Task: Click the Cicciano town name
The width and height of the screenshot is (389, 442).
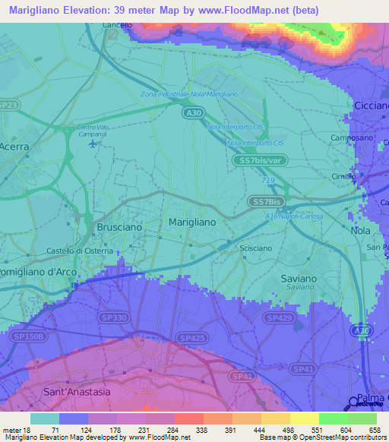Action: tap(371, 106)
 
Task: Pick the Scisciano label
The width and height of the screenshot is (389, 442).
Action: tap(255, 248)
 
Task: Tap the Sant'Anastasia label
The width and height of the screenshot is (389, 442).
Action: tap(76, 392)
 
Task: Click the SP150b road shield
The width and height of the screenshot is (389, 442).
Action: tap(30, 336)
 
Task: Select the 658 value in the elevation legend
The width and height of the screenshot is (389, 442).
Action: tap(374, 429)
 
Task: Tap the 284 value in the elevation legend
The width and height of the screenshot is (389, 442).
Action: tap(160, 429)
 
